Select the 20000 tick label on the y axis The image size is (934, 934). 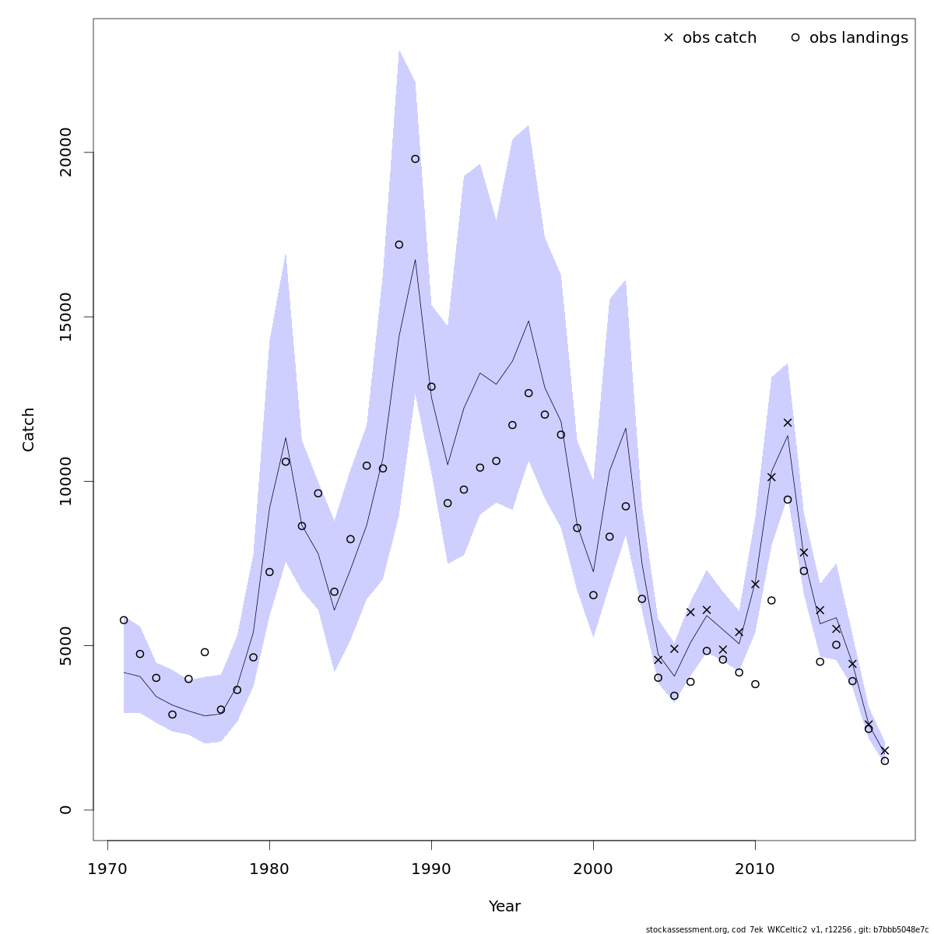pyautogui.click(x=66, y=153)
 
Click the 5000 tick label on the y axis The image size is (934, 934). pyautogui.click(x=66, y=645)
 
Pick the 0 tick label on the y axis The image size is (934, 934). pyautogui.click(x=66, y=809)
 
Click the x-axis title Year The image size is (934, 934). pyautogui.click(x=504, y=907)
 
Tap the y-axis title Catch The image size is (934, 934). pyautogui.click(x=29, y=429)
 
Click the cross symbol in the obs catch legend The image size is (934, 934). pyautogui.click(x=668, y=37)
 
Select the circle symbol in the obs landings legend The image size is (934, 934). pyautogui.click(x=795, y=37)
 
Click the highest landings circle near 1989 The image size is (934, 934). pyautogui.click(x=415, y=159)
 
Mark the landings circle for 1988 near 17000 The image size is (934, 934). pyautogui.click(x=399, y=244)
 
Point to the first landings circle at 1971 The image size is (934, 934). pyautogui.click(x=124, y=620)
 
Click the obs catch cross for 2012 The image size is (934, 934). pyautogui.click(x=788, y=423)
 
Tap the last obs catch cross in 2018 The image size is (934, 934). pyautogui.click(x=884, y=750)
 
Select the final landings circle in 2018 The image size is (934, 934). pyautogui.click(x=884, y=760)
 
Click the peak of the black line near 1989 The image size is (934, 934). pyautogui.click(x=415, y=260)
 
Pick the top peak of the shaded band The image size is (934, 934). pyautogui.click(x=399, y=51)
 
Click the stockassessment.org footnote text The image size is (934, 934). pyautogui.click(x=786, y=929)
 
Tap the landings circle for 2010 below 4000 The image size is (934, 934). pyautogui.click(x=755, y=684)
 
